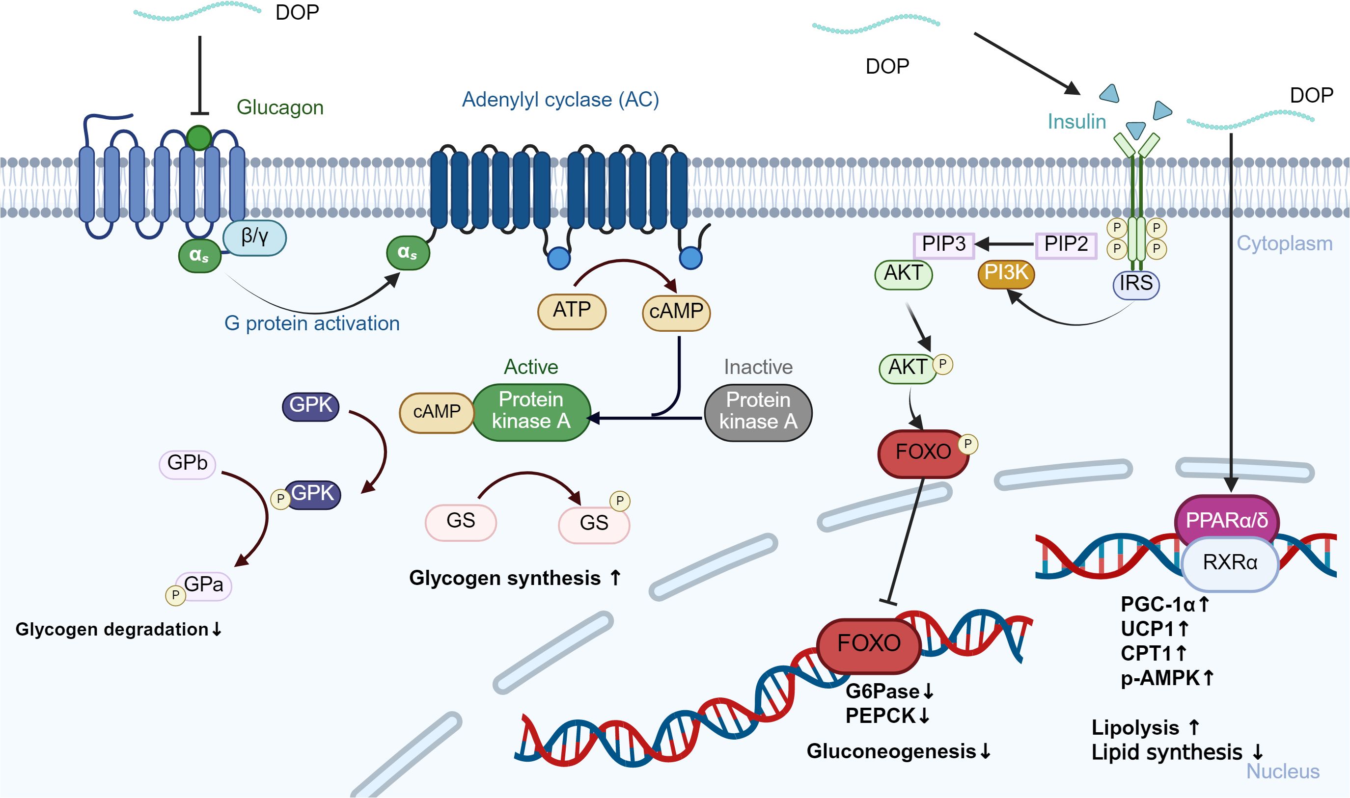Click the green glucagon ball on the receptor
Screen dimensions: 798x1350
click(199, 137)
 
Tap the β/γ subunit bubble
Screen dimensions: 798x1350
click(254, 237)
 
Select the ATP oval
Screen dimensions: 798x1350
click(572, 311)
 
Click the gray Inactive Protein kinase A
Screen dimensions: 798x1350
click(758, 412)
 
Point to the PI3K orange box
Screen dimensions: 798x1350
click(1006, 273)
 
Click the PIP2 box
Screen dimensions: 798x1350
click(1065, 245)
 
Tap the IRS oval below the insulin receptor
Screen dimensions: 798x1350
click(1136, 284)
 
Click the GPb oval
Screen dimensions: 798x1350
click(187, 463)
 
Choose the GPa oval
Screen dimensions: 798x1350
click(203, 585)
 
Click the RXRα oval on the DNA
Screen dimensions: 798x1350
click(1230, 563)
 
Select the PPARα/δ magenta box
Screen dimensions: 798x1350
click(1226, 521)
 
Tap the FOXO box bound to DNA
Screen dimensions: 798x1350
click(868, 644)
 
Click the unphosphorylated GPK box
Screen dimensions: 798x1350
click(310, 405)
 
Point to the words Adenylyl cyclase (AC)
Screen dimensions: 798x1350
click(560, 100)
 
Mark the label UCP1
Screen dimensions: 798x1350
click(1147, 629)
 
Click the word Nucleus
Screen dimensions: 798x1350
click(1283, 771)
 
